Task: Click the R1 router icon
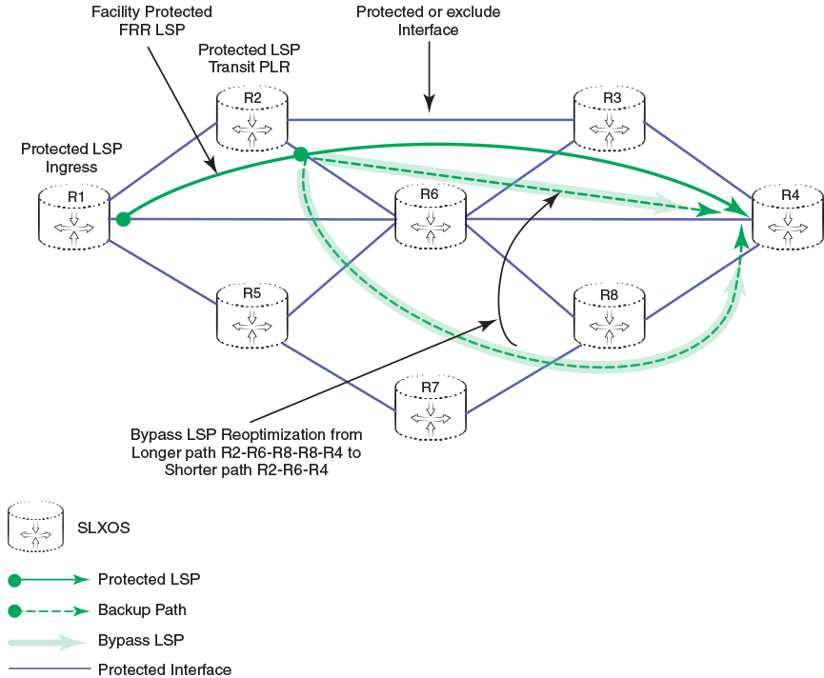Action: point(75,218)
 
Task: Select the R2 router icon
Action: point(252,118)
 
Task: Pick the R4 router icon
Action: point(788,218)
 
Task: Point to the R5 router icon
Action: point(252,313)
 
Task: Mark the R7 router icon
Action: point(431,409)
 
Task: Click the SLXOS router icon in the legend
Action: point(36,527)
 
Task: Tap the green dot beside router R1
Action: point(123,219)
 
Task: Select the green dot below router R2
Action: point(300,154)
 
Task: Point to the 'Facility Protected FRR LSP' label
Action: point(151,22)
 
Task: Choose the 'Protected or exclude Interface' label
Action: point(428,21)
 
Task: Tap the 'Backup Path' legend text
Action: point(142,609)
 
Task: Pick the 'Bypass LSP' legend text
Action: point(140,639)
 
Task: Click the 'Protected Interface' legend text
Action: point(164,669)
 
